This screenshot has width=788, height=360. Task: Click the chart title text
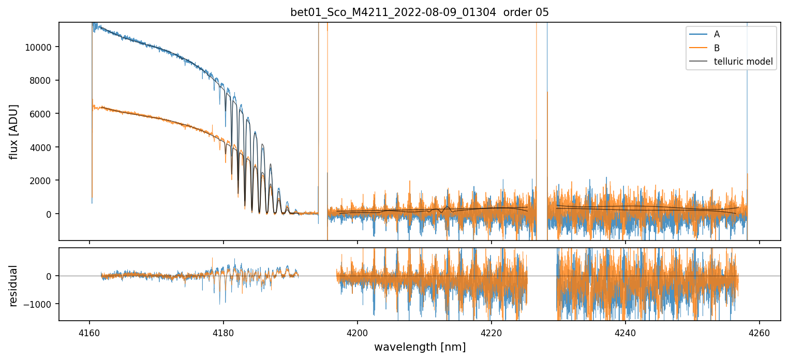pyautogui.click(x=420, y=12)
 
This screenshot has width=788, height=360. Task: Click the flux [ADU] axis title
pyautogui.click(x=14, y=131)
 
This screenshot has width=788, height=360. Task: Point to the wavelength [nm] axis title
pyautogui.click(x=420, y=347)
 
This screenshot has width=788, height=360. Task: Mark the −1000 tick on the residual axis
pyautogui.click(x=40, y=304)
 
